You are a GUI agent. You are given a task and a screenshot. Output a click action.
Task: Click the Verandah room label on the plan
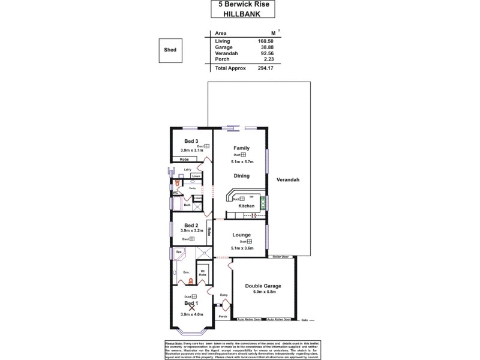tap(287, 180)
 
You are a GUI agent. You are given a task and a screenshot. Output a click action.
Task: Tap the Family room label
tap(241, 148)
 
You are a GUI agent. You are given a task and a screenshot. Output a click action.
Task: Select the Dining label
tap(241, 176)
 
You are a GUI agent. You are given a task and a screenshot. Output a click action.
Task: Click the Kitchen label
tap(247, 206)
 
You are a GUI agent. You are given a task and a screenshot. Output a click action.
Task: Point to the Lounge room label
tap(241, 235)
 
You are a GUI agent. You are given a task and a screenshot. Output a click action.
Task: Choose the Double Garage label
tap(263, 286)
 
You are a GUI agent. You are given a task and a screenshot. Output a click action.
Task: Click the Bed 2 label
tap(191, 225)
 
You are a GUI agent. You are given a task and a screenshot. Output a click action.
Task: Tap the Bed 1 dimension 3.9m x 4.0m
tap(191, 314)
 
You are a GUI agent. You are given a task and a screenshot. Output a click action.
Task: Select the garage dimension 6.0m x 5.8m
tap(263, 292)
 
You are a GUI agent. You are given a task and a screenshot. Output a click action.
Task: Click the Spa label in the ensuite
tap(179, 251)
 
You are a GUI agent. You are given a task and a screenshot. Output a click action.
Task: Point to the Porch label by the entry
tap(223, 316)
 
